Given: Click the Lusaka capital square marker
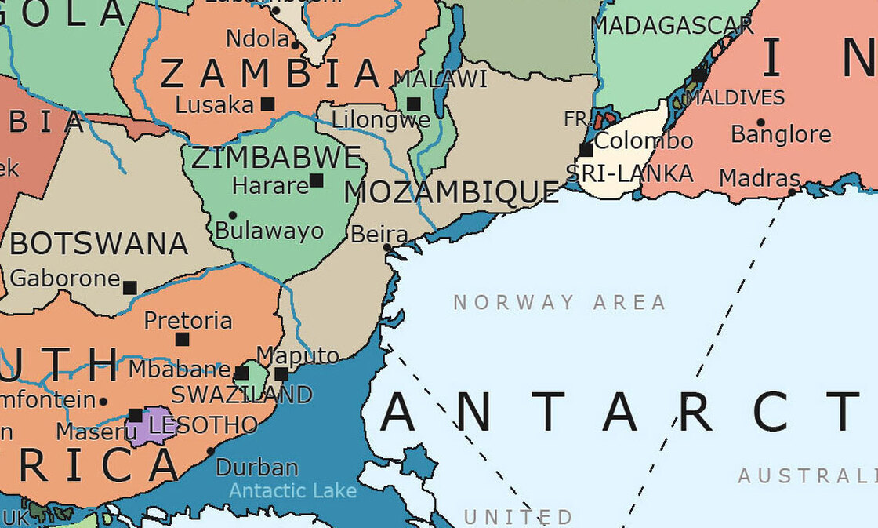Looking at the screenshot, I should click(268, 104).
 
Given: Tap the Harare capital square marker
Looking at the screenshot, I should click(316, 180).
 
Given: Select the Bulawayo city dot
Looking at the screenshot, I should click(232, 215).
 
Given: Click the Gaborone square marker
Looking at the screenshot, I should click(129, 288).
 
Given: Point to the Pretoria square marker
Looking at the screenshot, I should click(182, 339).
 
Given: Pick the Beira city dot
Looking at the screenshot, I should click(387, 247).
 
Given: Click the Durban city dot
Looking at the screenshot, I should click(210, 451).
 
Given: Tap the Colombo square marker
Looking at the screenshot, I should click(586, 150).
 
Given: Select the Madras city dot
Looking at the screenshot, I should click(792, 191).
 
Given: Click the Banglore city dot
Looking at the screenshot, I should click(760, 122).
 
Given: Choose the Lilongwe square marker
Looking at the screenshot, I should click(413, 104).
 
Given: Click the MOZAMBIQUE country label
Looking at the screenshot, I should click(452, 192).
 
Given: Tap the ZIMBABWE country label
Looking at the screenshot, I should click(276, 158).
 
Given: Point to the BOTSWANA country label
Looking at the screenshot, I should click(99, 244).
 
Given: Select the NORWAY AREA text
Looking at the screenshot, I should click(560, 302).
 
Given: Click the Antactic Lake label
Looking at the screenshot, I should click(292, 491).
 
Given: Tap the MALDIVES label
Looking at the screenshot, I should click(735, 98).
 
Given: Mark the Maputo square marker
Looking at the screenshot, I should click(281, 374).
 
